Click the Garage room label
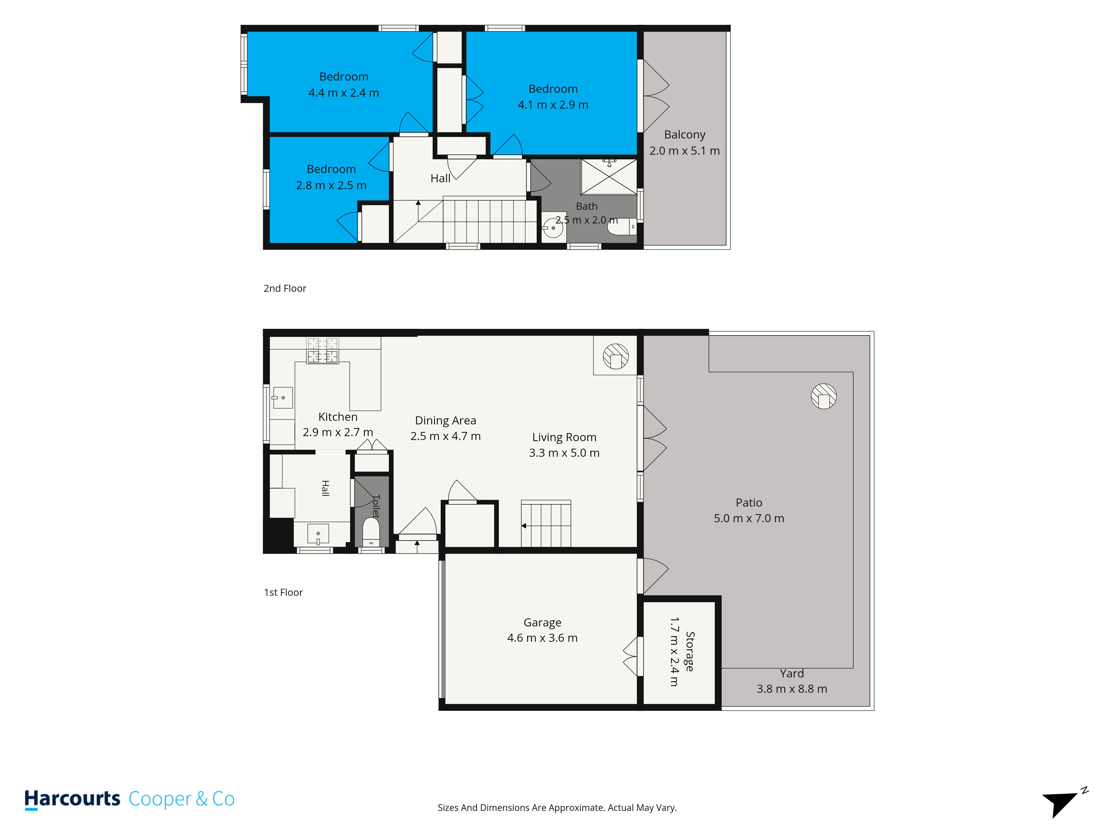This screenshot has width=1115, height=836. [x=542, y=623]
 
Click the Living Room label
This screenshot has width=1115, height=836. [x=564, y=438]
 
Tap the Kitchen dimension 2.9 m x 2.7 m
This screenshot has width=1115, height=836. [x=338, y=432]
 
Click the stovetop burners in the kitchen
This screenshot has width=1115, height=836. [x=323, y=350]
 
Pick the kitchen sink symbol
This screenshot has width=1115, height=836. [x=283, y=398]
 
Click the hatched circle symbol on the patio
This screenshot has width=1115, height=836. [x=824, y=396]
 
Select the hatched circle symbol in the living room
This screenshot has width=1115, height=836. [x=615, y=356]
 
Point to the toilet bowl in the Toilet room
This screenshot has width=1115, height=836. [x=371, y=531]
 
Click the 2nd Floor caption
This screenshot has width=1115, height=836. [x=285, y=288]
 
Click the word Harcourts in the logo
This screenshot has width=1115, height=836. [x=72, y=799]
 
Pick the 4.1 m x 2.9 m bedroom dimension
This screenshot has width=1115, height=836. [x=553, y=105]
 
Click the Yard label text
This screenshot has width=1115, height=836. [x=791, y=674]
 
